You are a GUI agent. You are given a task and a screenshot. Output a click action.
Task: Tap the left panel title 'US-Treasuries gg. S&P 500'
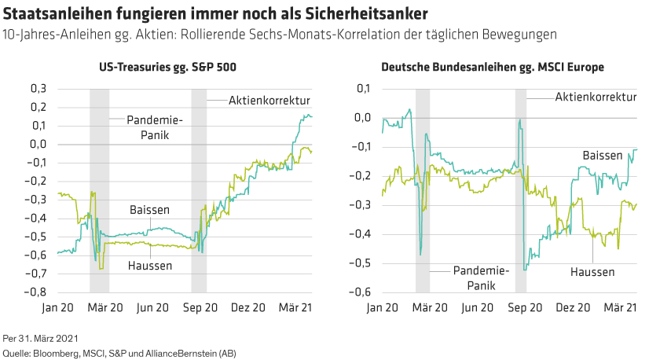pyautogui.click(x=167, y=68)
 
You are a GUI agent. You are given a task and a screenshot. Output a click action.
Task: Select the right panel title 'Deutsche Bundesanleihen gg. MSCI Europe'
pyautogui.click(x=493, y=68)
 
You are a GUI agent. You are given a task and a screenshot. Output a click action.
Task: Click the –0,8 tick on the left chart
pyautogui.click(x=36, y=292)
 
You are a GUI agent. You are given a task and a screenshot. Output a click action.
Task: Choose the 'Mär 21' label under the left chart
pyautogui.click(x=296, y=308)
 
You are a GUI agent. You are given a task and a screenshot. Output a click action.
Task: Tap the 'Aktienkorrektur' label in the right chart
pyautogui.click(x=595, y=98)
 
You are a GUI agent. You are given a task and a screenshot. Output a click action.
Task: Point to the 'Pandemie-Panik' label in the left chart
pyautogui.click(x=156, y=127)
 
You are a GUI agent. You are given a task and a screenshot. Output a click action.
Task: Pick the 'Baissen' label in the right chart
pyautogui.click(x=602, y=156)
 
